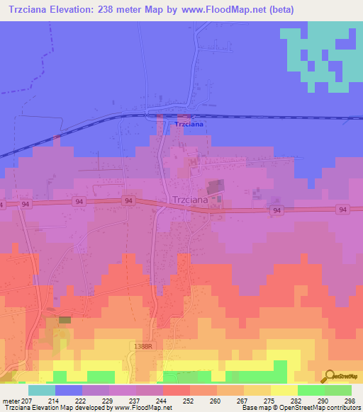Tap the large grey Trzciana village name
coord(190,200)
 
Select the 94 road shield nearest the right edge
coord(343,209)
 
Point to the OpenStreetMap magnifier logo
coord(330,377)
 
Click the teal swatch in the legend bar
coord(42,390)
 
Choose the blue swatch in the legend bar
coord(69,390)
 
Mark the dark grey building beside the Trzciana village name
coord(215,188)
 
